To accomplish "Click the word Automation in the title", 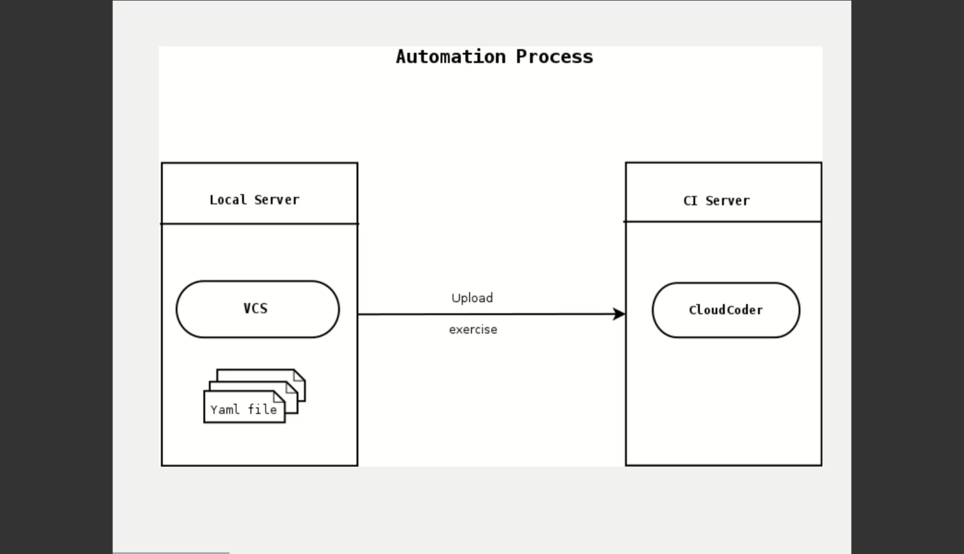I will point(450,57).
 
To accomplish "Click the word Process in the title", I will point(554,57).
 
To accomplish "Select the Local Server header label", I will point(254,200).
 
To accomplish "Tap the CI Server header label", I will point(716,201).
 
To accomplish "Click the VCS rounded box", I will point(257,309).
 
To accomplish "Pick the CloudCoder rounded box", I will point(725,310).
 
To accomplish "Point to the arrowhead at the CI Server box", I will point(619,314).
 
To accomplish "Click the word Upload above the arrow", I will point(472,298).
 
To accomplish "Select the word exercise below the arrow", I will point(473,330).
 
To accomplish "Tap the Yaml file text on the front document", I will point(243,410).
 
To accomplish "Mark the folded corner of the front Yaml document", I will point(279,397).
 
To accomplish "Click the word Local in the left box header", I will point(228,200).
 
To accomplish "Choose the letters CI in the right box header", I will point(690,201).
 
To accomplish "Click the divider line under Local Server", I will point(259,224).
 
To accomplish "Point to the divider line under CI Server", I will point(723,221).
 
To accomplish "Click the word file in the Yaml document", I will point(262,410).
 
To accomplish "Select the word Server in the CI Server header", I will point(727,201).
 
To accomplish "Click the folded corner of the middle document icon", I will point(292,388).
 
